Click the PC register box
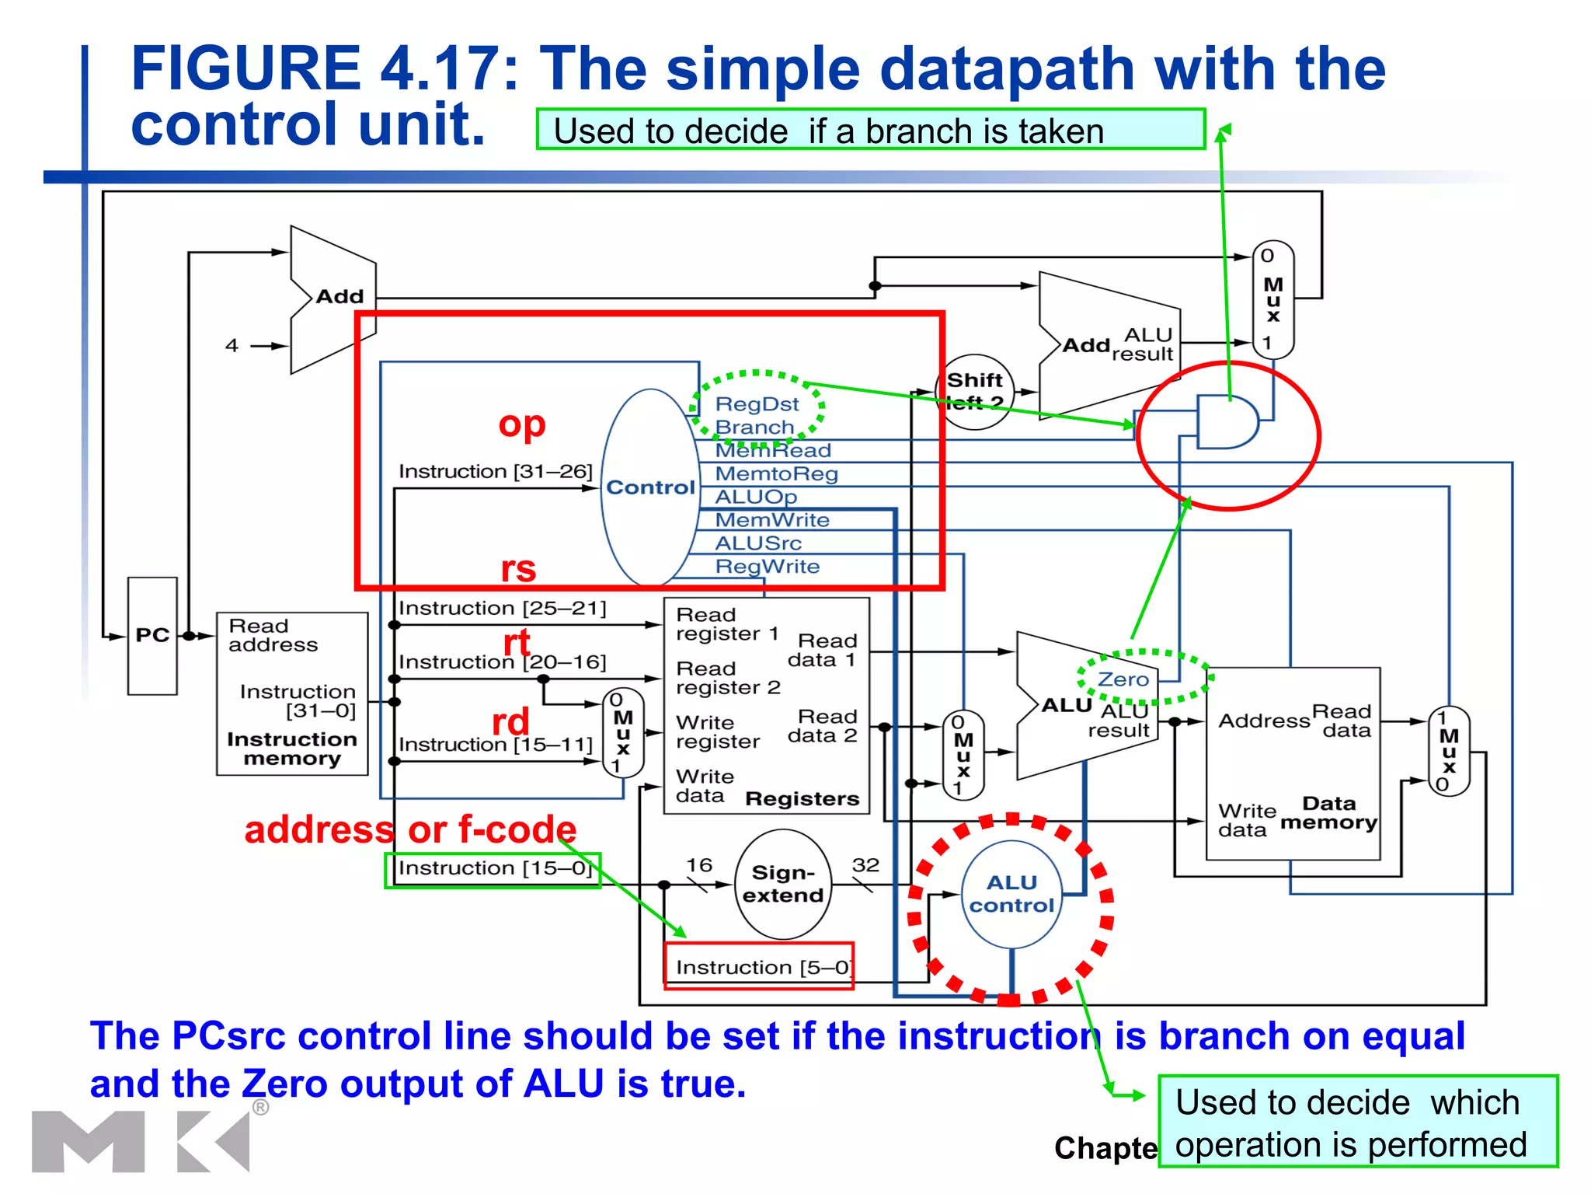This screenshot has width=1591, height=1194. (152, 635)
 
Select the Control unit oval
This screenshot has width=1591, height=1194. (650, 487)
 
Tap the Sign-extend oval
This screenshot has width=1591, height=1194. (783, 885)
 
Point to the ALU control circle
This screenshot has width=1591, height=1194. (1011, 895)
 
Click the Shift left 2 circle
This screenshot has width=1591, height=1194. (975, 391)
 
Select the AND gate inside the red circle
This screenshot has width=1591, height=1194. (1226, 422)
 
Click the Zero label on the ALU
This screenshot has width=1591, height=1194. (1123, 679)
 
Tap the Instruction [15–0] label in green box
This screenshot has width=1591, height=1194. (494, 868)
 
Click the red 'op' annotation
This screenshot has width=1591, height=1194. (522, 424)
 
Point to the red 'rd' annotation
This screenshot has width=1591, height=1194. (510, 721)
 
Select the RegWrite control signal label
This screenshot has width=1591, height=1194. (767, 567)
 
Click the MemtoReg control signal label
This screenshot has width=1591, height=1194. (775, 473)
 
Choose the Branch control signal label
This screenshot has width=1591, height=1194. (754, 428)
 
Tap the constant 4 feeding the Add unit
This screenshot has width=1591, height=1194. (232, 345)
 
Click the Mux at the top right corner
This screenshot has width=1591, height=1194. (1272, 299)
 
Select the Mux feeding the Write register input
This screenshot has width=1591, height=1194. (623, 733)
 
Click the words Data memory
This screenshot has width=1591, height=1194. (1328, 813)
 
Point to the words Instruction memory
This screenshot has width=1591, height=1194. (291, 749)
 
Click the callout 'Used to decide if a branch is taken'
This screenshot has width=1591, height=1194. (869, 130)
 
